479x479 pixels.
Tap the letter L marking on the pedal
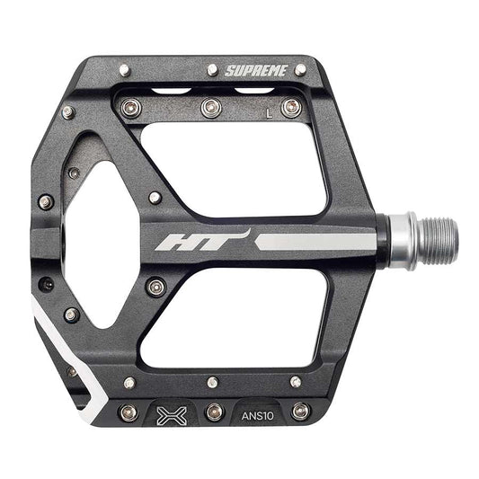pos(268,113)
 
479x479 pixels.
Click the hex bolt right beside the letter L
pos(289,108)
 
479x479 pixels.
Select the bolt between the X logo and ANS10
pos(213,412)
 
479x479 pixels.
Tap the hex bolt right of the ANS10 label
pos(300,412)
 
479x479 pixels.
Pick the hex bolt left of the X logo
pos(129,412)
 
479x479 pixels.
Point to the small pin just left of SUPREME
pos(212,69)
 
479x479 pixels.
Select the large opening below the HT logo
pos(238,319)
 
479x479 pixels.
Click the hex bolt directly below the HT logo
pos(156,287)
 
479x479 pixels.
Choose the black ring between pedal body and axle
pos(381,240)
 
